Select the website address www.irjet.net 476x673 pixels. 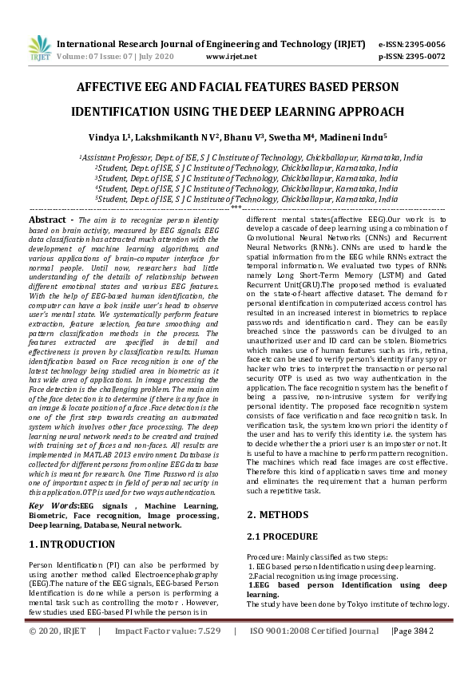point(231,57)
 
